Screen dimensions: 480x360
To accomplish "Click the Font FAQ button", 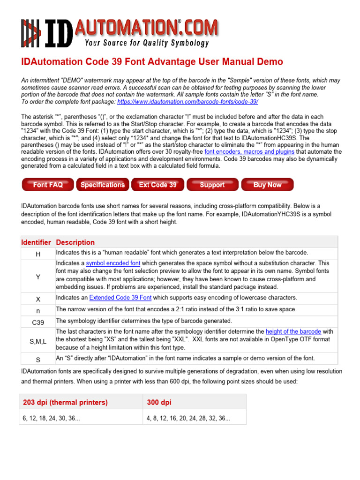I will coord(48,185).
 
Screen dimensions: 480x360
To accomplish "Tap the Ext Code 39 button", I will coord(157,185).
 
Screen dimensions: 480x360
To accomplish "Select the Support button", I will coord(212,185).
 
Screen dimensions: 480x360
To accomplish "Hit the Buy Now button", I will coord(267,185).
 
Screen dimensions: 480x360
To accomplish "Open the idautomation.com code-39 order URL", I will coord(187,101).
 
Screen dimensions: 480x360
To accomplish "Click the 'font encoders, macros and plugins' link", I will coord(249,152).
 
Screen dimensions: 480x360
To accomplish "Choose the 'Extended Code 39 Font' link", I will coord(120,298).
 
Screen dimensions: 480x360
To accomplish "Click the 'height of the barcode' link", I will coord(293,331).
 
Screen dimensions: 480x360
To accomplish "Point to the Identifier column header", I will coord(36,242).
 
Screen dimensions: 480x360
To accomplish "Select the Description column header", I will coord(75,242).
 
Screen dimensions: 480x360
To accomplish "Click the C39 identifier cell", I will coord(37,322).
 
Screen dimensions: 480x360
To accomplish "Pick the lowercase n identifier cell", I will coord(37,310).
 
